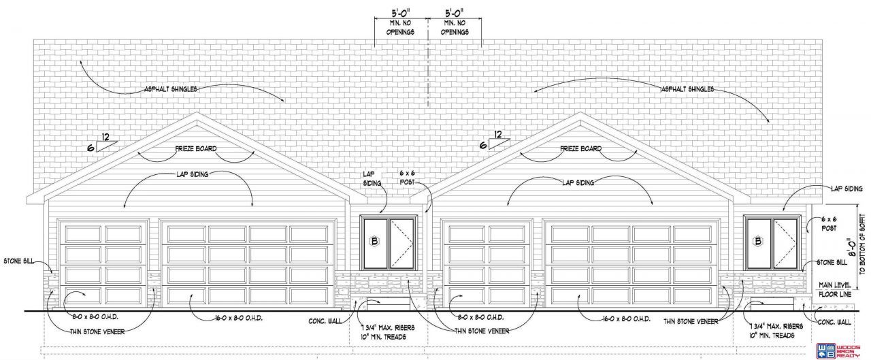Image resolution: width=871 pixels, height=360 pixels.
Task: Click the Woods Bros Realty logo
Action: point(843,347)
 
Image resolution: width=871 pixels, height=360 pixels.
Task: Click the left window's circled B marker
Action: point(373,240)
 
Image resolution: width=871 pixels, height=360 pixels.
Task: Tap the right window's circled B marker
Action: point(757,240)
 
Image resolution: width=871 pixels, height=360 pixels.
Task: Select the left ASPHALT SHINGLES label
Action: point(170,89)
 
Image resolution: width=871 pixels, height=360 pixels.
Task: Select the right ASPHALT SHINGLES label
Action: point(687,89)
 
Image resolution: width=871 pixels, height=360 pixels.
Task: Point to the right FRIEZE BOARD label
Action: point(580,148)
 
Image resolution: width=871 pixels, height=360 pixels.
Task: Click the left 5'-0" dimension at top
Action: point(400,13)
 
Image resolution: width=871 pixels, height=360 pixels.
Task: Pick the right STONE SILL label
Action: point(832,262)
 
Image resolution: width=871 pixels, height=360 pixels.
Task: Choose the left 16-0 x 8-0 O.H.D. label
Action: point(218,317)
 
